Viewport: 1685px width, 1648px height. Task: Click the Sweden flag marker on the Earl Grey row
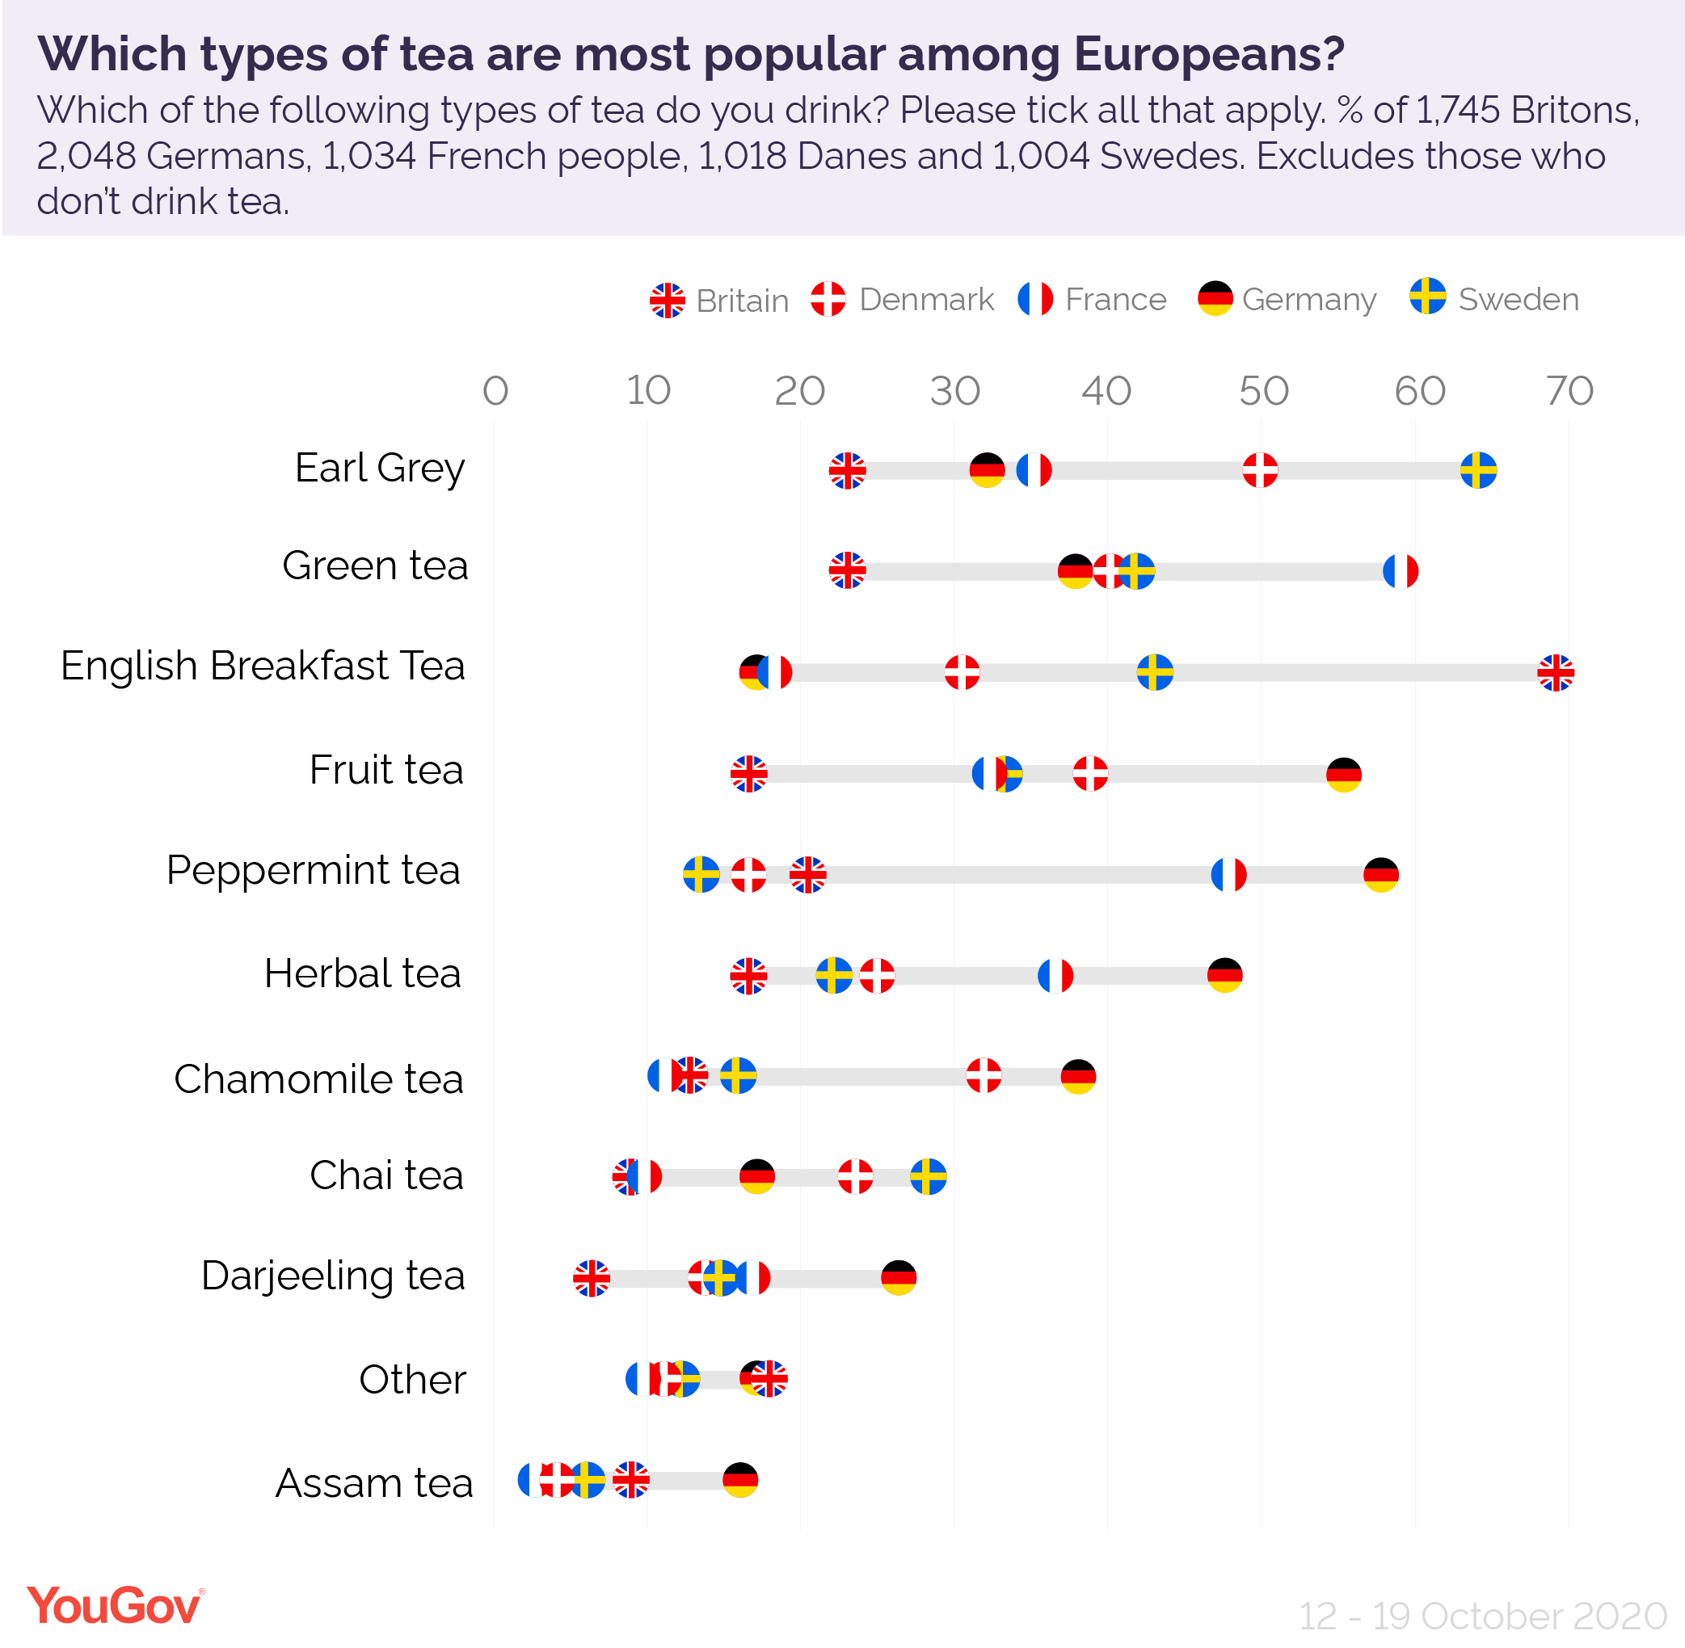(x=1477, y=470)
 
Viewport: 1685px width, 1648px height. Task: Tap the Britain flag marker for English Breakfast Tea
(x=1554, y=672)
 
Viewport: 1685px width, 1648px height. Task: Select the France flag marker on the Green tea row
(x=1399, y=571)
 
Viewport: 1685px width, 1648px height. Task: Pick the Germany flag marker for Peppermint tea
(x=1380, y=874)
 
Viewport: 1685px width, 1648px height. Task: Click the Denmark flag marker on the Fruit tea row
(x=1089, y=773)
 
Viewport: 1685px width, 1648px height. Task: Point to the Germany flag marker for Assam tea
(x=739, y=1480)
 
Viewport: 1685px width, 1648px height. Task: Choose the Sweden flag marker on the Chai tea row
(x=928, y=1176)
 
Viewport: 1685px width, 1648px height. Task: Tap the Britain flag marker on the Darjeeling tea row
(x=592, y=1277)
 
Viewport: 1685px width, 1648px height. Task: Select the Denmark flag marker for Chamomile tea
(x=983, y=1076)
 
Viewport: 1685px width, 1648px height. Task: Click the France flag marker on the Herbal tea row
(x=1055, y=976)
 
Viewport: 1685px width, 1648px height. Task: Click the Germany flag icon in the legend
(x=1214, y=299)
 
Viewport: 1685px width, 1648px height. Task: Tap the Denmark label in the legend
(x=925, y=300)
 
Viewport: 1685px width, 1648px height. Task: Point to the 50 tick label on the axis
(x=1262, y=391)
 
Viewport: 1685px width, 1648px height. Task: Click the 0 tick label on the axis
(x=495, y=391)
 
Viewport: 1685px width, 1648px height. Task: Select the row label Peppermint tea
(x=313, y=870)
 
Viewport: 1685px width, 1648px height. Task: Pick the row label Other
(x=412, y=1379)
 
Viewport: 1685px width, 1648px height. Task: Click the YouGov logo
(x=115, y=1607)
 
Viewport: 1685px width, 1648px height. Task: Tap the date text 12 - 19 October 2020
(x=1481, y=1616)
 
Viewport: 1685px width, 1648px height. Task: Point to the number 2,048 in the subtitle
(x=86, y=157)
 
